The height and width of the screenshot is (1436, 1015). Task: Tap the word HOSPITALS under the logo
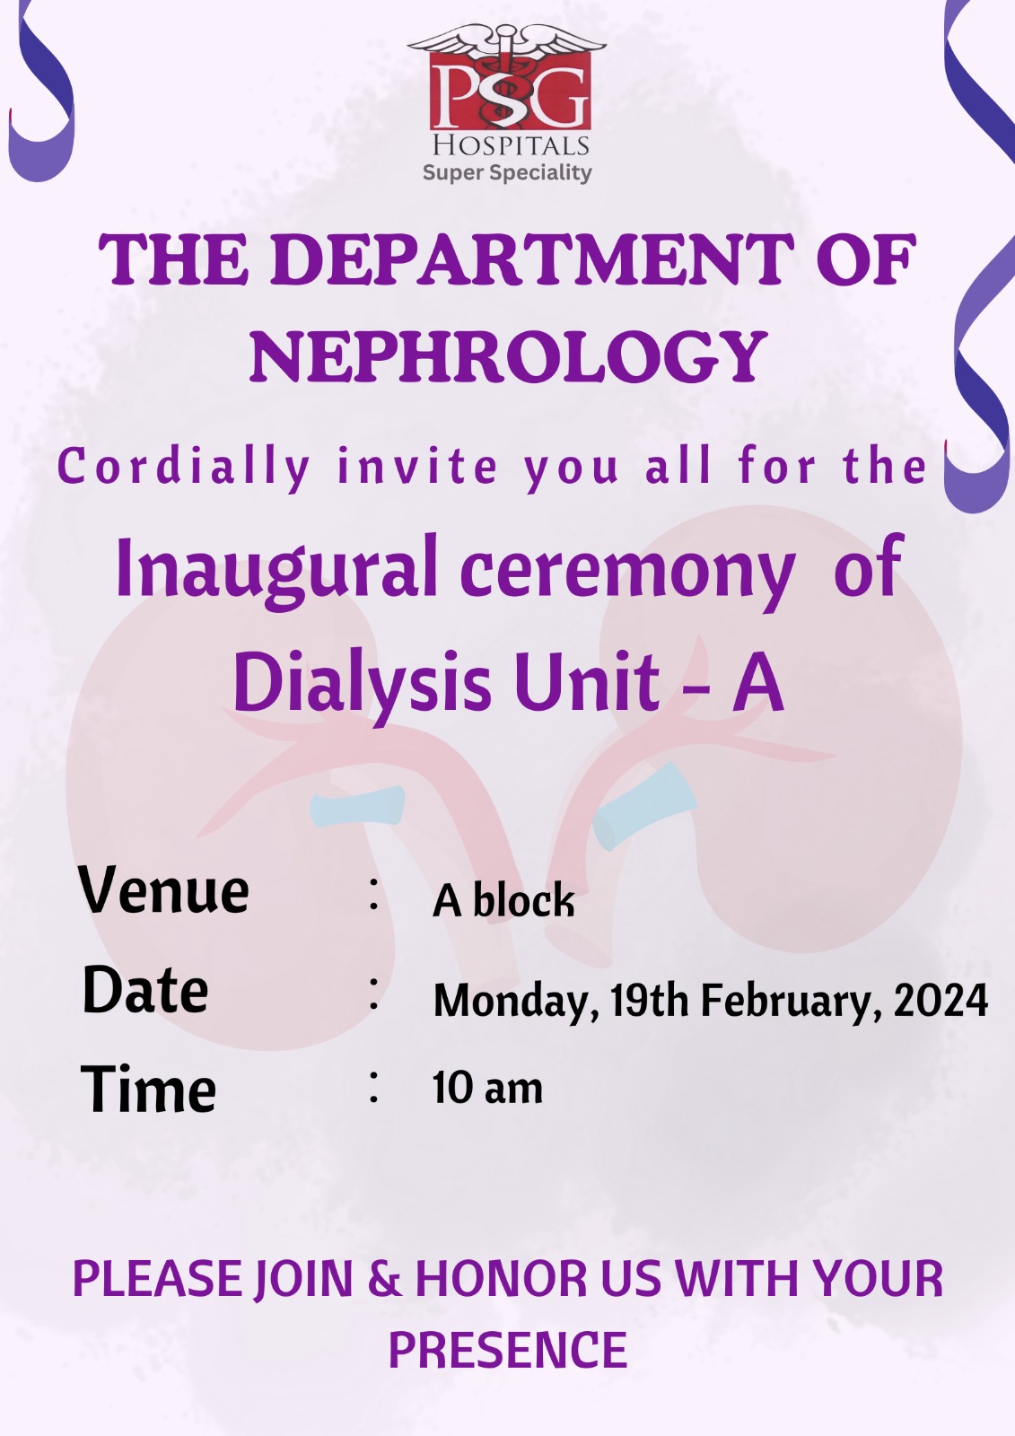[x=511, y=145]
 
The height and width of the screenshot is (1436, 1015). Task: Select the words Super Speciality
[x=507, y=173]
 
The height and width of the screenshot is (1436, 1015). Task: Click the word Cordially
[x=185, y=468]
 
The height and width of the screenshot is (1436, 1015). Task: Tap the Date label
[x=145, y=990]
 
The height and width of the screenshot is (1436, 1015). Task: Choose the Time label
[x=148, y=1090]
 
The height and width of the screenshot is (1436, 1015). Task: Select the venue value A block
[x=503, y=899]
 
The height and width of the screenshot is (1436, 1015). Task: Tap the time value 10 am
[x=487, y=1088]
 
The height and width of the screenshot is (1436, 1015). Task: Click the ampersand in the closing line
[x=385, y=1279]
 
